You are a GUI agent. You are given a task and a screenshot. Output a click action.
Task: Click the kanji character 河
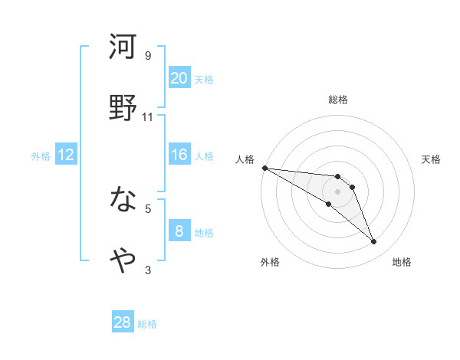coord(123,47)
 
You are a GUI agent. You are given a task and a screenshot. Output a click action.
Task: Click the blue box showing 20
coord(179,77)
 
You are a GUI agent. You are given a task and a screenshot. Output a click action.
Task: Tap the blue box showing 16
coord(179,155)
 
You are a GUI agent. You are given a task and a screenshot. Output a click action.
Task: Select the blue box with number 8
coord(179,231)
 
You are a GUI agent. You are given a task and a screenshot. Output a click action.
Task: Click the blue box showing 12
coord(66,155)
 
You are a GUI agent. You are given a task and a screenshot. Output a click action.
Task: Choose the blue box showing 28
coord(123,322)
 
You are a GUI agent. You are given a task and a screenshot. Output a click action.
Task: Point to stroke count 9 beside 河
coord(148,55)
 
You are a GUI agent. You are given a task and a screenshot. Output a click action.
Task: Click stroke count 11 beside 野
coord(148,116)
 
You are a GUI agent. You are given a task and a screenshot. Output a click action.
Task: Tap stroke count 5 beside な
coord(148,208)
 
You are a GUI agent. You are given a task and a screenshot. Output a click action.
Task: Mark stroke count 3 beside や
coord(148,269)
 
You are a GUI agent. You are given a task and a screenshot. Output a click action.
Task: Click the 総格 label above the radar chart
coord(338,100)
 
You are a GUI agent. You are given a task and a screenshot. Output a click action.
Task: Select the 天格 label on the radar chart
coord(431,159)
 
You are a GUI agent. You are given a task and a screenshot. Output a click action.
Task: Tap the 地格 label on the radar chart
coord(402,262)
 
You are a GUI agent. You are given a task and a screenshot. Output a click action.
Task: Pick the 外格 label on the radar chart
coord(270,262)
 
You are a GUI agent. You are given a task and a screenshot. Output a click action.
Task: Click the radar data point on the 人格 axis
coord(264,168)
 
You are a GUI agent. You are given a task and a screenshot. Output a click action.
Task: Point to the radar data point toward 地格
coord(374,242)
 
